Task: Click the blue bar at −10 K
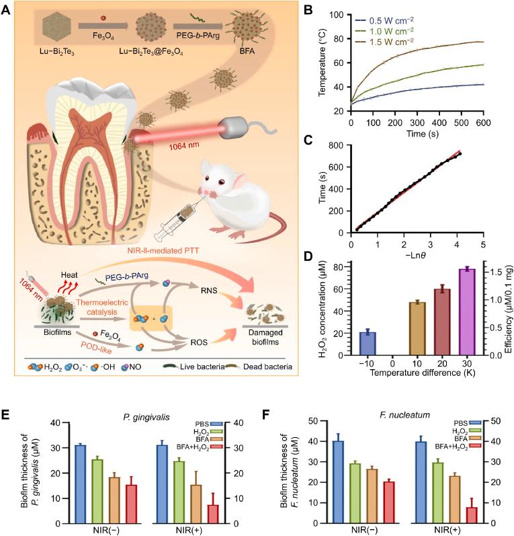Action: click(368, 343)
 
